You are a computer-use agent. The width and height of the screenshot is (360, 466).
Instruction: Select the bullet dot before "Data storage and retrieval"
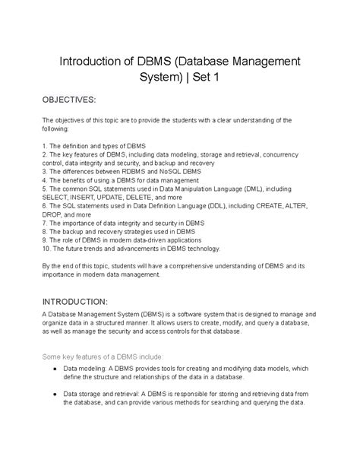click(58, 393)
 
